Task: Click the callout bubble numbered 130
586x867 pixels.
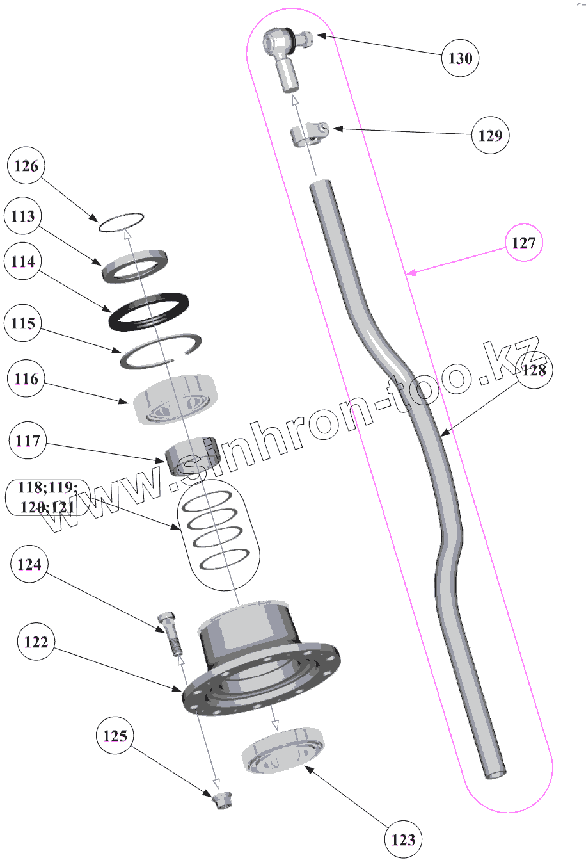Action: (x=460, y=58)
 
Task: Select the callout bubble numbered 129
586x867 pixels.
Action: (x=490, y=135)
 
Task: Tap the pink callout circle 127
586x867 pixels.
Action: (x=523, y=243)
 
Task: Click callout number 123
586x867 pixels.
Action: (x=403, y=839)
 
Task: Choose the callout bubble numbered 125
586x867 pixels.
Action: (x=115, y=736)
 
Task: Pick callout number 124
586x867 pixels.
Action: (x=30, y=564)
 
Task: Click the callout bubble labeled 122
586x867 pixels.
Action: (x=36, y=642)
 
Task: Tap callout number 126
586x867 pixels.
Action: (x=26, y=166)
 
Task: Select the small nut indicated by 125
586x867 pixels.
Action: (x=222, y=800)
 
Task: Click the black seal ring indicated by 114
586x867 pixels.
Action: (x=149, y=311)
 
